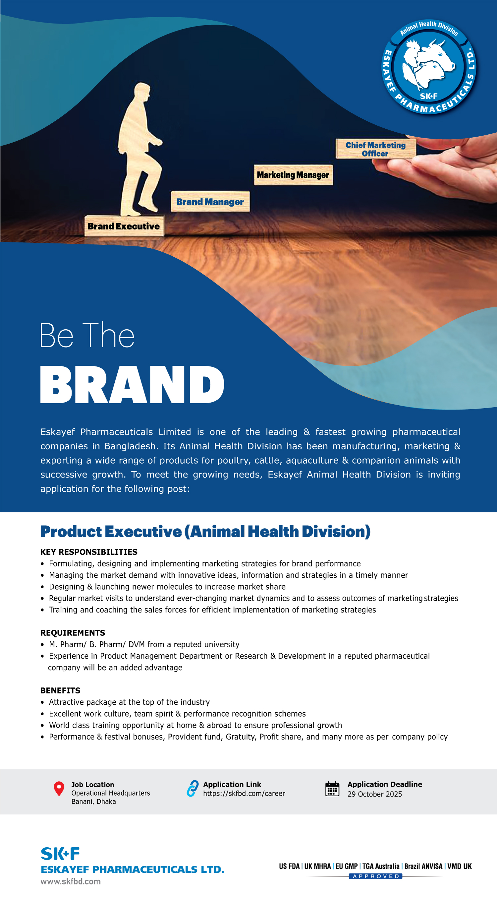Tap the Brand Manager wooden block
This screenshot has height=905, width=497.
(210, 201)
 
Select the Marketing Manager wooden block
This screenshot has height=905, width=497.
(293, 175)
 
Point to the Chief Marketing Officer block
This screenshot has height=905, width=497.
(375, 149)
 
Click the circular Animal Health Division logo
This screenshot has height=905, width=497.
(429, 67)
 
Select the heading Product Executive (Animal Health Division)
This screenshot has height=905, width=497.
(205, 531)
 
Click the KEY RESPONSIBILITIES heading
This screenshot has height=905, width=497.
(89, 551)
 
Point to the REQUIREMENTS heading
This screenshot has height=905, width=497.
(73, 633)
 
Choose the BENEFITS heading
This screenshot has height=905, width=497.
(60, 690)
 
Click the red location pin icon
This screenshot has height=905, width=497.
(59, 788)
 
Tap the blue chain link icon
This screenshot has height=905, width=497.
(193, 788)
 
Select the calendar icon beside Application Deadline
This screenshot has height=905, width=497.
(332, 789)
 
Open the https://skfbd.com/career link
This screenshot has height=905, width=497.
(244, 793)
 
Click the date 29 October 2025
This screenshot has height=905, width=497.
(374, 794)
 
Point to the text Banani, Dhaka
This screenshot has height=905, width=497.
(94, 801)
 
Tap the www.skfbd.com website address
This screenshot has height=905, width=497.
(71, 881)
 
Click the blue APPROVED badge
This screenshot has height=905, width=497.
(375, 876)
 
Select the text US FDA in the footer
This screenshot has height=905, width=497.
(289, 866)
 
